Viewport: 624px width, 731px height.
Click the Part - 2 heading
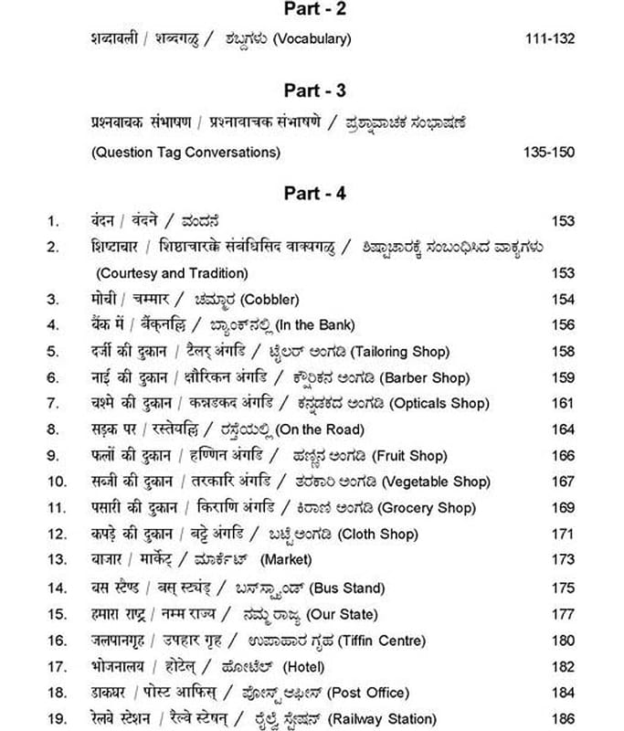tap(313, 10)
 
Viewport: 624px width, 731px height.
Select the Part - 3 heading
tap(313, 90)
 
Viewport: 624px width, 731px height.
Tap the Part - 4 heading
tap(313, 193)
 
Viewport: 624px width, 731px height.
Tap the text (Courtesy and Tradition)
tap(172, 273)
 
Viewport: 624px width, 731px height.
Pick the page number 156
tap(563, 325)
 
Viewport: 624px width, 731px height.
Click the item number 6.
tap(53, 377)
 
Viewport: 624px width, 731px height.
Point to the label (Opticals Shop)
tap(439, 404)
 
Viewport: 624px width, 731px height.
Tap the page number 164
tap(563, 429)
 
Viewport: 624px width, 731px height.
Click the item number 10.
tap(56, 482)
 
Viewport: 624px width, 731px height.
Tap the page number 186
tap(563, 719)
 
